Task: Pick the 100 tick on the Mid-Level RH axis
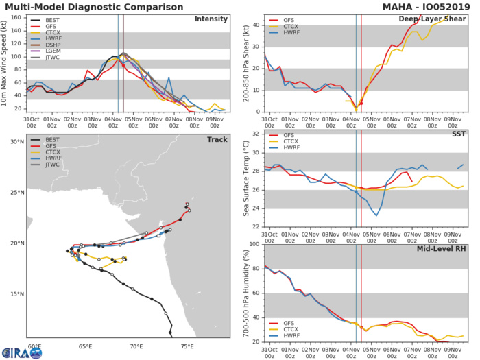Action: [254, 244]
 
